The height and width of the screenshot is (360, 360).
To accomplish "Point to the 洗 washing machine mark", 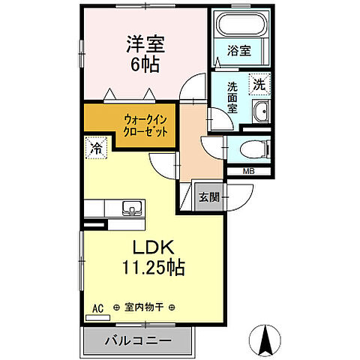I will [x=258, y=84].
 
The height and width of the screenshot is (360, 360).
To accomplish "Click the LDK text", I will [x=154, y=248].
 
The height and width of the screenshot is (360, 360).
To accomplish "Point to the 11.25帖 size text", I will [x=154, y=268].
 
